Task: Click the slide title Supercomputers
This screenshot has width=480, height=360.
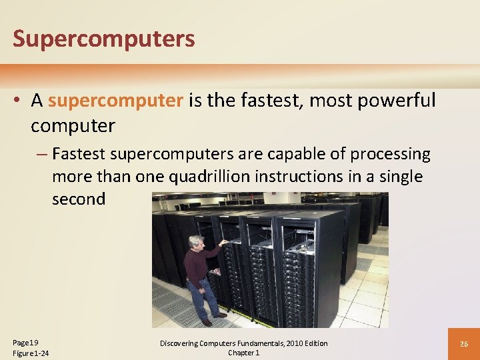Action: click(x=104, y=39)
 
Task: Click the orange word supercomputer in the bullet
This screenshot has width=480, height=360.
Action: click(x=115, y=101)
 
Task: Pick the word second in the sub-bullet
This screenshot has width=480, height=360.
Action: click(x=79, y=199)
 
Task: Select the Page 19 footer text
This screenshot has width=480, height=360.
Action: click(x=25, y=342)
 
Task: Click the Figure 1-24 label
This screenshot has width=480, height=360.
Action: click(x=31, y=353)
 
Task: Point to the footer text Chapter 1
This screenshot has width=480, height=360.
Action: click(x=243, y=353)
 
